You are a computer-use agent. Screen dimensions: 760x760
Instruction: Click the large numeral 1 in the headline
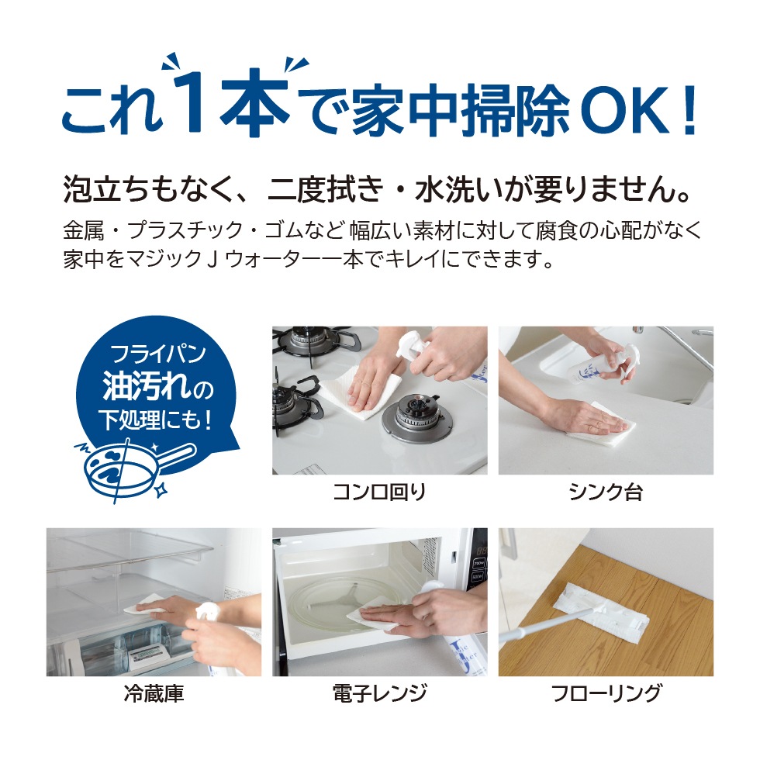pos(192,102)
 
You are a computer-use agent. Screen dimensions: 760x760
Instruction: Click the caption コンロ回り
pos(379,492)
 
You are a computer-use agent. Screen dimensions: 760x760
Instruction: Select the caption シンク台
pos(606,492)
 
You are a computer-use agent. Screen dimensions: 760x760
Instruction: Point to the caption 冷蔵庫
pos(154,693)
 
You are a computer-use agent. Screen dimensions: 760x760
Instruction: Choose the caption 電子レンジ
pos(379,693)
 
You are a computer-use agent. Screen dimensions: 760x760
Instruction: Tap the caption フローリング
pos(606,693)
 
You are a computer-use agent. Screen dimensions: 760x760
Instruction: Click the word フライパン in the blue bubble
pos(158,354)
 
